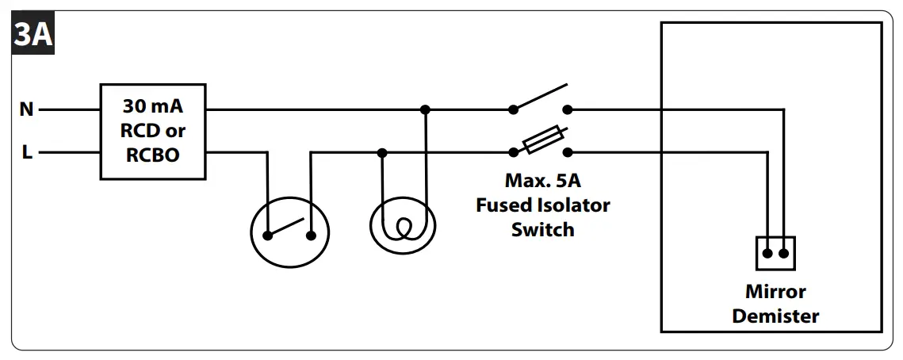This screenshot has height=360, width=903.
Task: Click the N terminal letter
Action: click(x=27, y=110)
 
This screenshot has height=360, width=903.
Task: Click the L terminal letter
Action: click(x=27, y=153)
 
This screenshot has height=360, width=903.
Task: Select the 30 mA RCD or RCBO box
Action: click(x=152, y=131)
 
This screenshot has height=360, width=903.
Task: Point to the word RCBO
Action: click(x=153, y=155)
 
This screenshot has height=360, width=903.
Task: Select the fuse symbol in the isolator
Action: click(x=542, y=140)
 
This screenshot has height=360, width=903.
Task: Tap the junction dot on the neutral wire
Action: click(x=425, y=109)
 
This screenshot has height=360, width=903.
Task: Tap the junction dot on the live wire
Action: click(x=383, y=152)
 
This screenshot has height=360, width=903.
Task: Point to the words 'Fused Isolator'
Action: click(x=542, y=205)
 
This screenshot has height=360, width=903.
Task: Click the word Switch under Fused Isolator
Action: click(x=542, y=230)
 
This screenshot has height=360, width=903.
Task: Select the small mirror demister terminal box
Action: click(x=775, y=253)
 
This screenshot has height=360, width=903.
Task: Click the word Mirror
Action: click(x=775, y=292)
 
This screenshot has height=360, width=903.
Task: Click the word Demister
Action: click(x=775, y=316)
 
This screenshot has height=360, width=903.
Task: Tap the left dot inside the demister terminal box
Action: click(x=766, y=254)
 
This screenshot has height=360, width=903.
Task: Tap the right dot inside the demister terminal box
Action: click(x=784, y=254)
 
